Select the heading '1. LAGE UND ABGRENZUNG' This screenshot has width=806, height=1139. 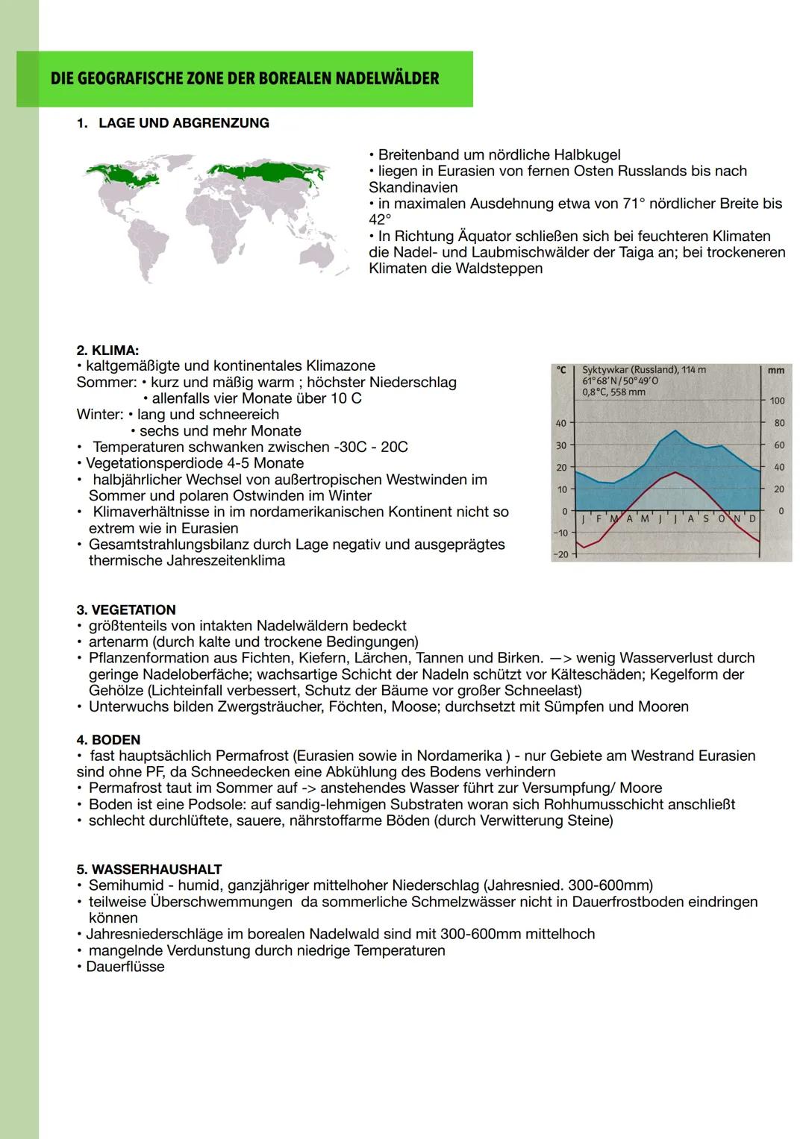pos(173,123)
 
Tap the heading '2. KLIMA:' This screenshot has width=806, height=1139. pos(107,350)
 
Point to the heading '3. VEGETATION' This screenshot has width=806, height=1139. pos(126,609)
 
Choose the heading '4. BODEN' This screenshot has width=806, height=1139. pos(108,739)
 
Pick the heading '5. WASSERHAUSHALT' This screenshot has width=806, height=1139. pos(149,869)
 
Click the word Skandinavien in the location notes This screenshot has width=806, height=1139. pos(413,187)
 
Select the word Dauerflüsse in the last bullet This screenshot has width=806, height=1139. pos(125,967)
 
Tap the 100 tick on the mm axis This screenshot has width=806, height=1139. pos(777,401)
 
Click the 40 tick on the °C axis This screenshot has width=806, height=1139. pos(560,423)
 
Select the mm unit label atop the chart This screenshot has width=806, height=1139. pos(775,370)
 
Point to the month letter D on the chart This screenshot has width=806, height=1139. pos(752,518)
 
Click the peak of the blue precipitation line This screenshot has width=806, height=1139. pos(675,430)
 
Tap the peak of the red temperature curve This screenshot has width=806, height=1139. pos(675,472)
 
